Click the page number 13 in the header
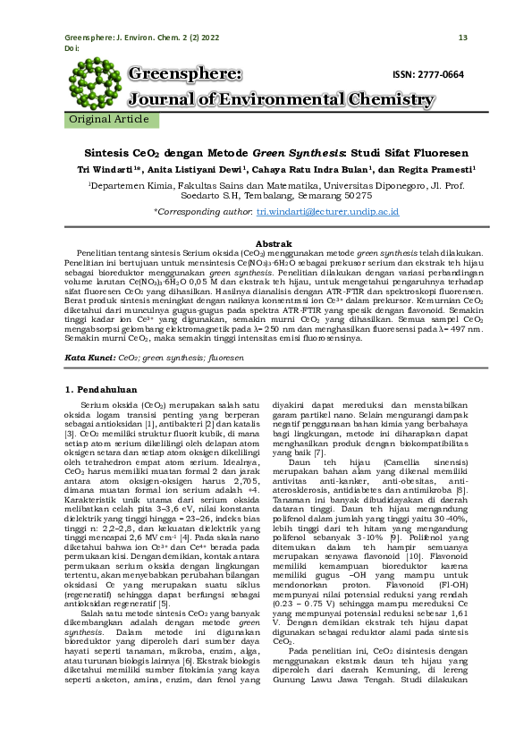462,38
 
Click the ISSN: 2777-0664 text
428,74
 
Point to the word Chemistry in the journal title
376,99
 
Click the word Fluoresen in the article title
409,152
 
